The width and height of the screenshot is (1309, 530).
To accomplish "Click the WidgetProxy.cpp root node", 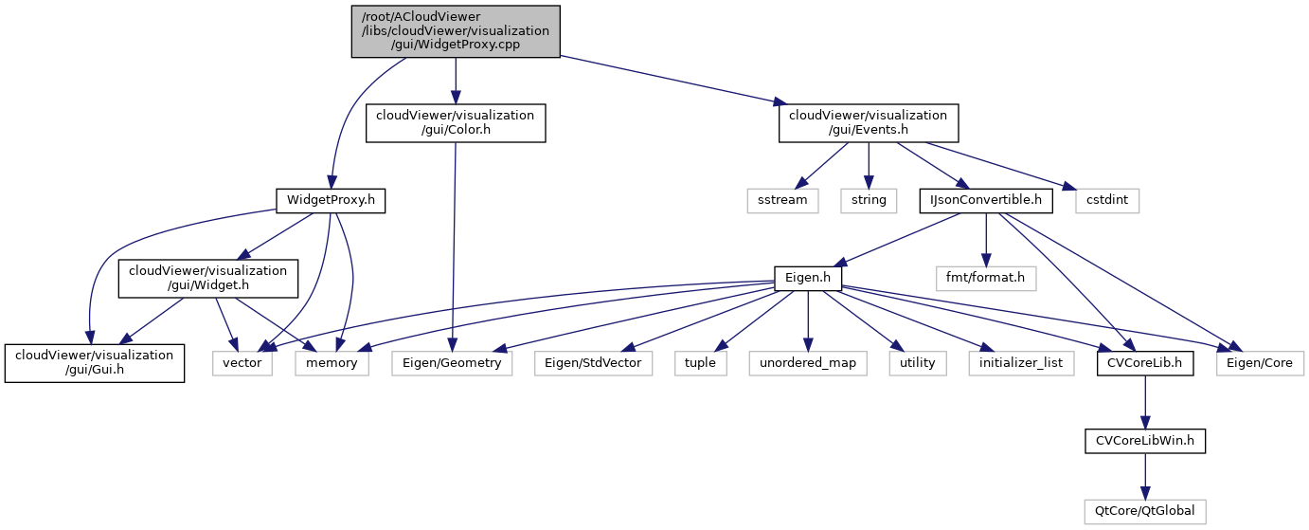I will click(456, 31).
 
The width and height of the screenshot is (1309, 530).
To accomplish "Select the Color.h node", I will click(456, 123).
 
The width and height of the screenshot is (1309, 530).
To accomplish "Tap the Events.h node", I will click(869, 123).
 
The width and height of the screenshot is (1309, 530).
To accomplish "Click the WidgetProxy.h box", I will click(330, 200).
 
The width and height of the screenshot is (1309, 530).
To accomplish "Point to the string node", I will click(869, 200).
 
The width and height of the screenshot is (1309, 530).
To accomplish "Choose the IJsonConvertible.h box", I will click(986, 200).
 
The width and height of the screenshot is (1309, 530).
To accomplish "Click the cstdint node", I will click(1107, 200).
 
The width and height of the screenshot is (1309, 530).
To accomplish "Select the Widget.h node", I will click(207, 278).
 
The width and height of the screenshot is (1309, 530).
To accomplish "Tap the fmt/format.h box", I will click(986, 278).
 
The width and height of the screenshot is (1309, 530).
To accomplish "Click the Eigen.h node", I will click(807, 278).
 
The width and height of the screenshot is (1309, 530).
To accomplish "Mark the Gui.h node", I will click(94, 362).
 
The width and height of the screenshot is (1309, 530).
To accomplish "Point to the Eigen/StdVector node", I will click(593, 362).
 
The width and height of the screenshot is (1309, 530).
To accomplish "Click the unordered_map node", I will click(807, 362).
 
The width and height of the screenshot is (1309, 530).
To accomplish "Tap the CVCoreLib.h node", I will click(1145, 362).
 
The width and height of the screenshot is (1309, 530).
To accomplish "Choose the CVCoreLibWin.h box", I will click(1145, 441).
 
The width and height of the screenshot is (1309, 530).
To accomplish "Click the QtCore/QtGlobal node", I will click(1145, 511).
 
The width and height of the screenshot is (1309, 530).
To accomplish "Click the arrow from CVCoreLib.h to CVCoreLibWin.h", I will click(1145, 402).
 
